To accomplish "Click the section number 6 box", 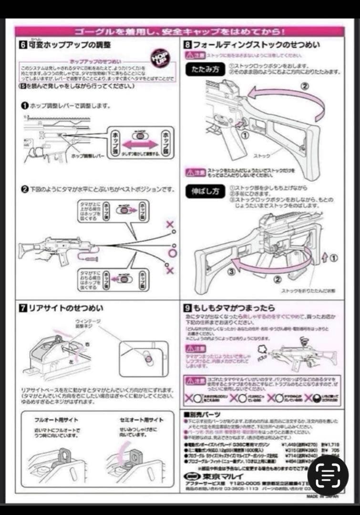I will [x=22, y=45].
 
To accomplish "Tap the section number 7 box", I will [x=22, y=308].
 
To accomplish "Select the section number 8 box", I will [x=188, y=45].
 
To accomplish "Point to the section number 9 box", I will [x=188, y=308].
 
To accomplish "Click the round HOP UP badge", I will [x=160, y=57].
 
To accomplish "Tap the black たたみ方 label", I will [x=205, y=69].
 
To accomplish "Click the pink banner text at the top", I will [x=179, y=32].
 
